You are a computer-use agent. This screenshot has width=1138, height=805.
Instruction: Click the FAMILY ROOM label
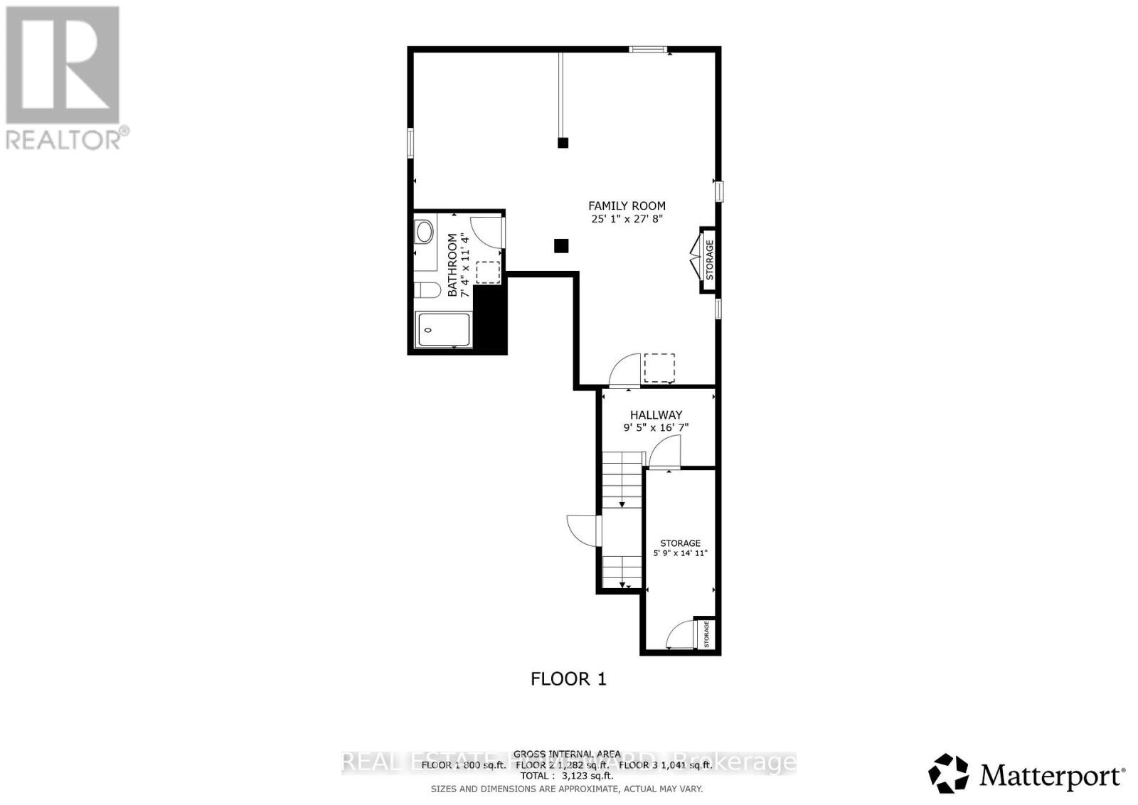[x=627, y=206]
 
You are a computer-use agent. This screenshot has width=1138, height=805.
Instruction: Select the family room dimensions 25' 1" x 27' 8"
[x=627, y=219]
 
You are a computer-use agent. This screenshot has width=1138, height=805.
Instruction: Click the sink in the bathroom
[x=424, y=231]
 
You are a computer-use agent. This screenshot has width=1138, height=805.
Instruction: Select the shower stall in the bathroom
[x=443, y=330]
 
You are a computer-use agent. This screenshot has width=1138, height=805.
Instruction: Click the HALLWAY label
[x=656, y=415]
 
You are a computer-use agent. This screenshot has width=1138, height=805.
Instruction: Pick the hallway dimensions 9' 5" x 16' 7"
[x=656, y=428]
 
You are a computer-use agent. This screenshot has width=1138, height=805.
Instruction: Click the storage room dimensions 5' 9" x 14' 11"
[x=681, y=553]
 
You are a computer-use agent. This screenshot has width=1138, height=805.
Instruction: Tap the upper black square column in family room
[x=563, y=143]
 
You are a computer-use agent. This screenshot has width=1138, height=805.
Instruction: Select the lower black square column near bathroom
[x=561, y=246]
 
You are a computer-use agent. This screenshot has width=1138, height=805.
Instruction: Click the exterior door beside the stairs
[x=583, y=531]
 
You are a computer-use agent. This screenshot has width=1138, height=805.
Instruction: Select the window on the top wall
[x=647, y=49]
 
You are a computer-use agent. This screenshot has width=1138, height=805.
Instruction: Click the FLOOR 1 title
[x=568, y=679]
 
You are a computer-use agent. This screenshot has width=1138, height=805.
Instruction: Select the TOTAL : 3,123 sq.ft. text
[x=566, y=776]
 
